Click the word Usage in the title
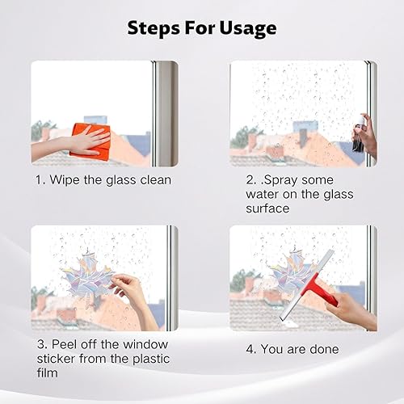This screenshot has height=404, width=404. pos(248,28)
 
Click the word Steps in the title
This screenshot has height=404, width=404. pos(154,28)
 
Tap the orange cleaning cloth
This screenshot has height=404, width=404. pos(90,141)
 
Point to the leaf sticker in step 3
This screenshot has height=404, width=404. pos(86,276)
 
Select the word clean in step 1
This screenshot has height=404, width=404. pos(156,180)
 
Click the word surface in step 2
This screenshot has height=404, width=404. pos(267,208)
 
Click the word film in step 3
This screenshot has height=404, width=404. pos(48,372)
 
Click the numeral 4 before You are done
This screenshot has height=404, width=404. pos(250,349)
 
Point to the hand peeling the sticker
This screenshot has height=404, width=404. pos(135,297)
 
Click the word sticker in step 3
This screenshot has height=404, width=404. pos(56,359)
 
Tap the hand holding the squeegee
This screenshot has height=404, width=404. pos(350,309)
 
